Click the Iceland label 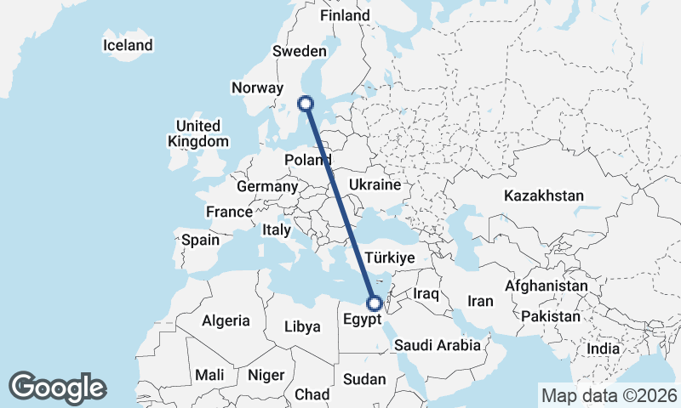(128, 45)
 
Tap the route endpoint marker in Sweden (306, 104)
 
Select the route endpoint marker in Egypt (374, 302)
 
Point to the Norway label (256, 88)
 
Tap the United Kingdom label (198, 133)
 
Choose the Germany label (267, 186)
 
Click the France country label (229, 212)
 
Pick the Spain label (200, 240)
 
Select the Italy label (277, 229)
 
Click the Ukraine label (375, 184)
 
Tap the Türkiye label (389, 257)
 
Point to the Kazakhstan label (544, 195)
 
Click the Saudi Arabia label (438, 345)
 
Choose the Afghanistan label (547, 286)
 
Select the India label (604, 348)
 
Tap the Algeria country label (226, 320)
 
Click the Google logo (58, 388)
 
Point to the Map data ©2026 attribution (609, 395)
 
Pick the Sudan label (365, 379)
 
